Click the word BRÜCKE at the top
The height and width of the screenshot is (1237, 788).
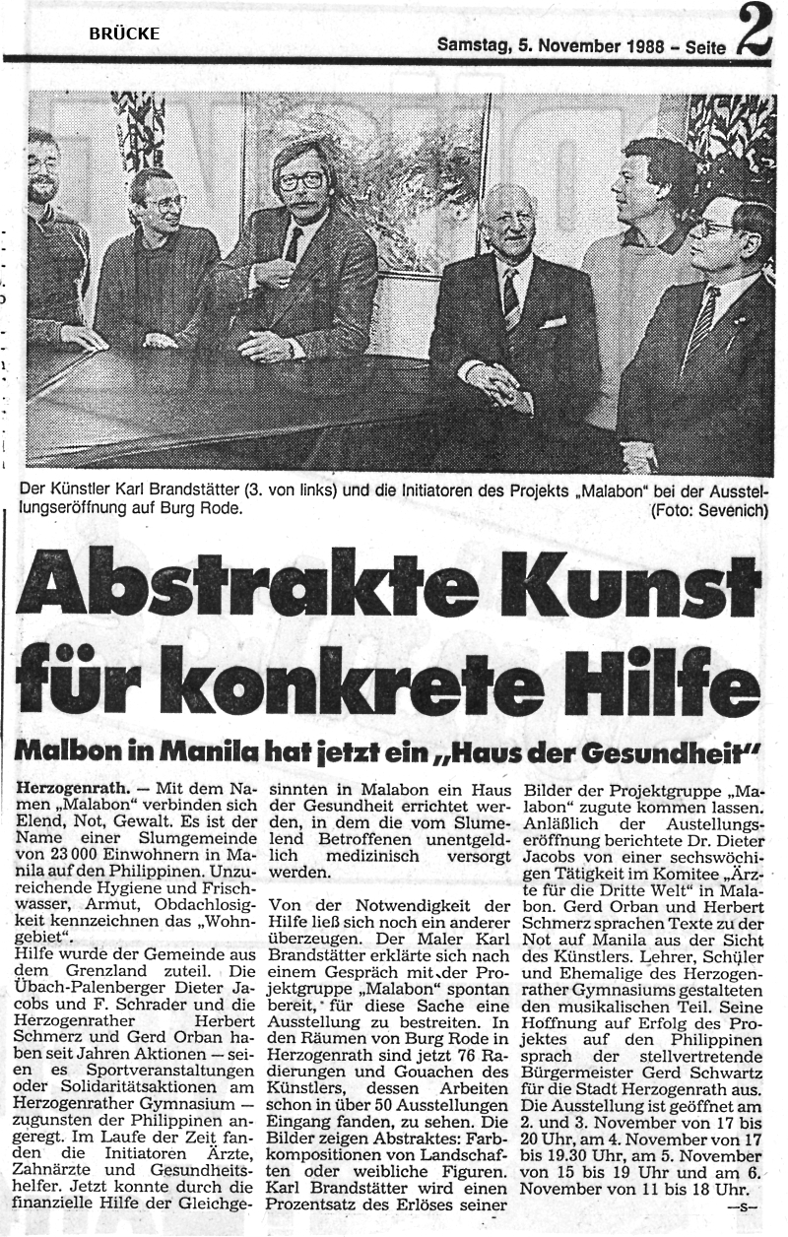pyautogui.click(x=124, y=33)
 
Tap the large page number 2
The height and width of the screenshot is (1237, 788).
pyautogui.click(x=756, y=33)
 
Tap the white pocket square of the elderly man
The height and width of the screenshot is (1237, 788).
pyautogui.click(x=555, y=321)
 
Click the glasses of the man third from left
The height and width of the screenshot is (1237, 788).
pyautogui.click(x=300, y=181)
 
